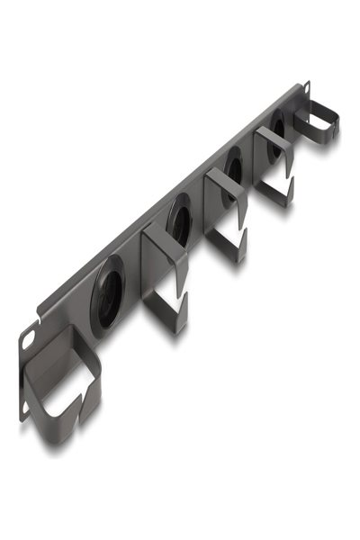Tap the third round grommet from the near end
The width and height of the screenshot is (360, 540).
233,167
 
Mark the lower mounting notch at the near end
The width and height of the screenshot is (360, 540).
26,409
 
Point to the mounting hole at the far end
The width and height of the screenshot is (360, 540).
306,87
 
